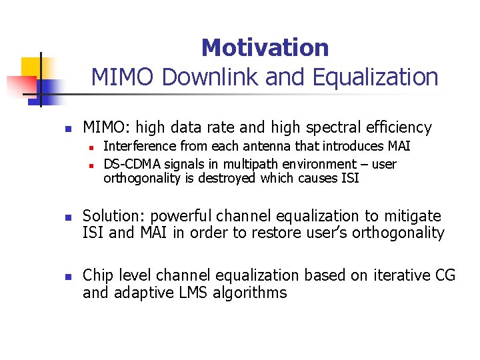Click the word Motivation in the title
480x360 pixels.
tap(265, 47)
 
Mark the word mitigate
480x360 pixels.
tap(411, 216)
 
